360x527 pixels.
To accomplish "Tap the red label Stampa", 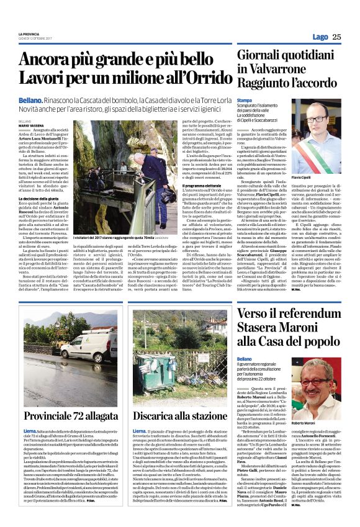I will (245, 100).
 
